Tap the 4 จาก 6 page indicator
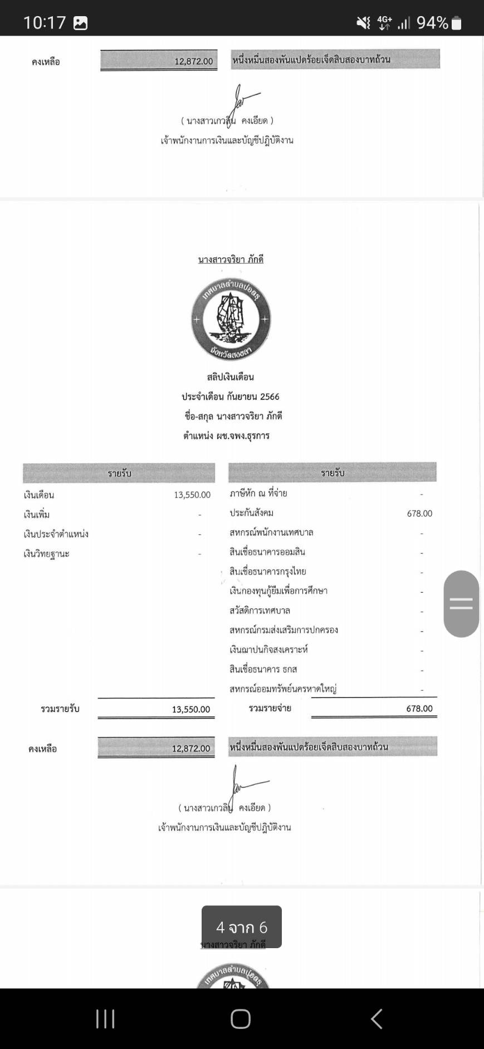pos(242,927)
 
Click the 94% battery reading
pos(432,22)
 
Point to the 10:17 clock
pos(45,22)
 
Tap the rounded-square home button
pos(241,1019)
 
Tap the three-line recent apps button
pos(105,1019)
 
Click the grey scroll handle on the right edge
pos(461,603)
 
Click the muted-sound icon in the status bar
pos(363,22)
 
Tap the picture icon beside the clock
pos(81,23)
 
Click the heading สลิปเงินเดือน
pos(230,377)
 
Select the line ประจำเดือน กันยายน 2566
pos(230,397)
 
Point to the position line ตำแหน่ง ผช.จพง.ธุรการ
pos(226,436)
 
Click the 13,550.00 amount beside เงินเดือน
pos(192,495)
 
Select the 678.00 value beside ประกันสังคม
pos(419,514)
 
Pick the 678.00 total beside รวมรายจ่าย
pos(419,709)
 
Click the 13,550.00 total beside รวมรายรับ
pos(191,709)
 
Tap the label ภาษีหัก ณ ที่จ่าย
pos(258,493)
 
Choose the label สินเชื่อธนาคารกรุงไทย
pos(268,572)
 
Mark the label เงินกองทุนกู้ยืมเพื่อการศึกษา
pos(278,591)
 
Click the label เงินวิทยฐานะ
pos(46,554)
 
